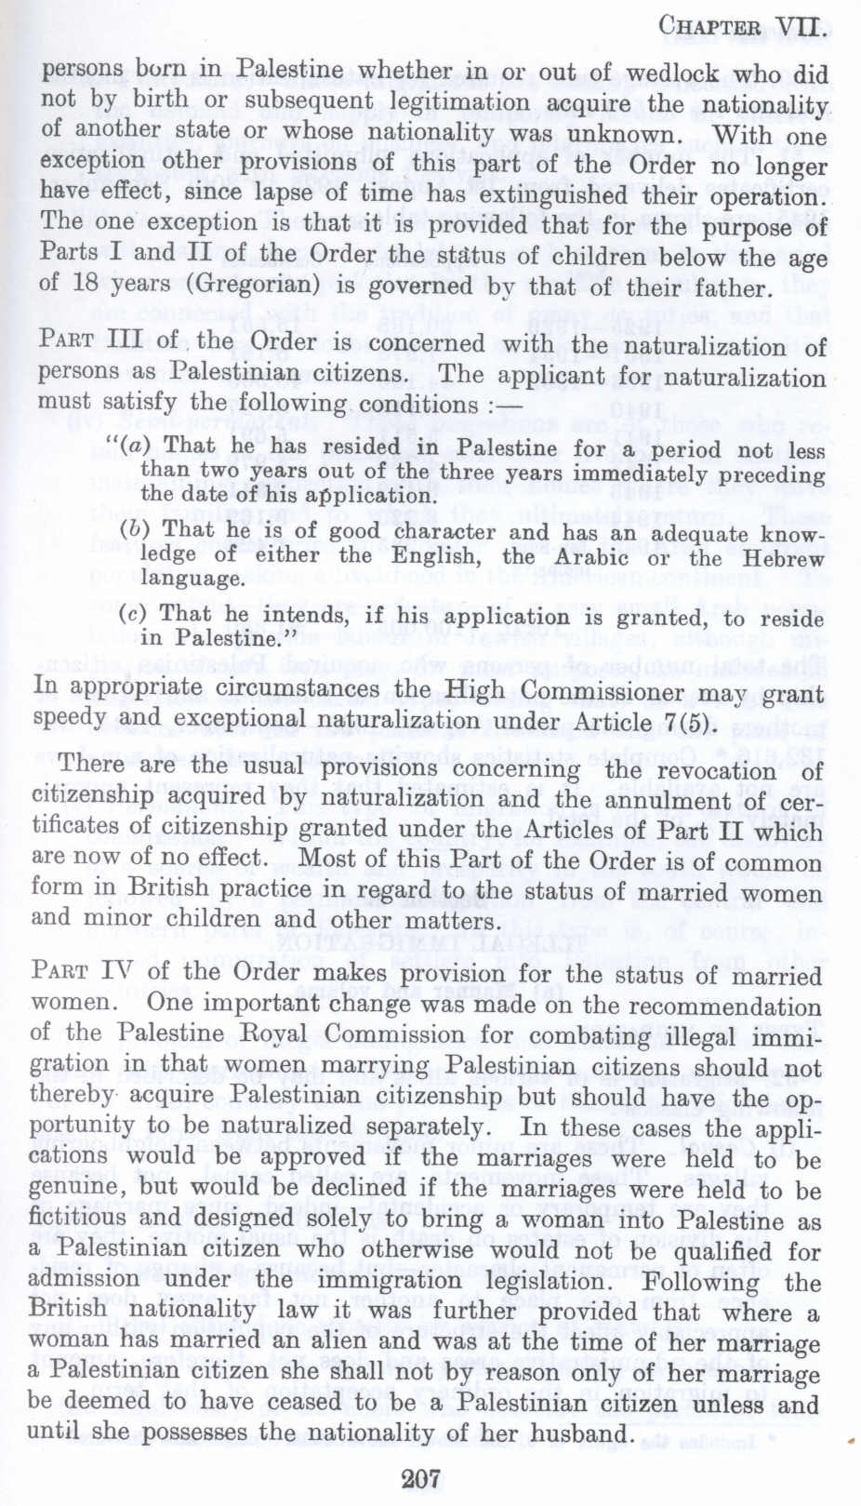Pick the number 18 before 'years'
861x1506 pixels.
[x=85, y=284]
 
